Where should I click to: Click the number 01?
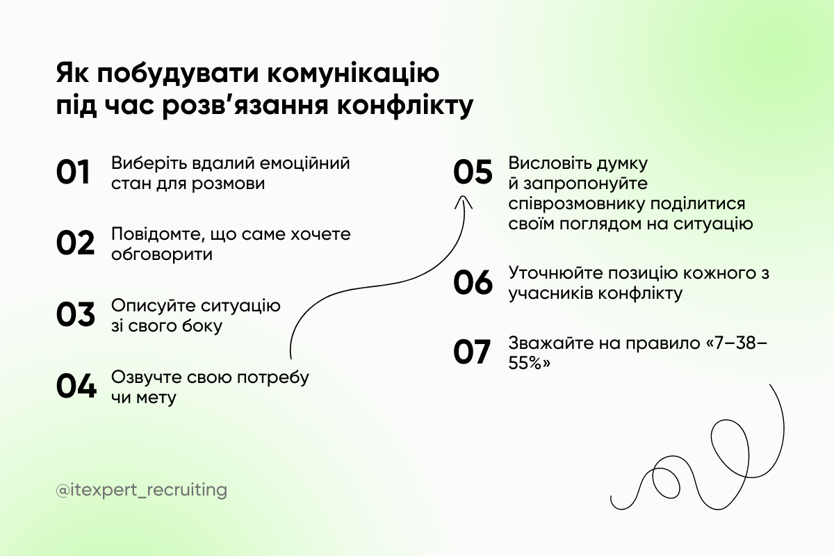[74, 172]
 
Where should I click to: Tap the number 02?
[75, 243]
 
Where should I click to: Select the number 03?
[75, 314]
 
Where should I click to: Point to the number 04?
[76, 386]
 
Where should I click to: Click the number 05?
[473, 172]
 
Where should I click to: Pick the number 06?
[473, 282]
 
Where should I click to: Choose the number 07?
[472, 352]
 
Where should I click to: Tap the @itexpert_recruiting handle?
[142, 490]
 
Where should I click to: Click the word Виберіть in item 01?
[142, 164]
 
